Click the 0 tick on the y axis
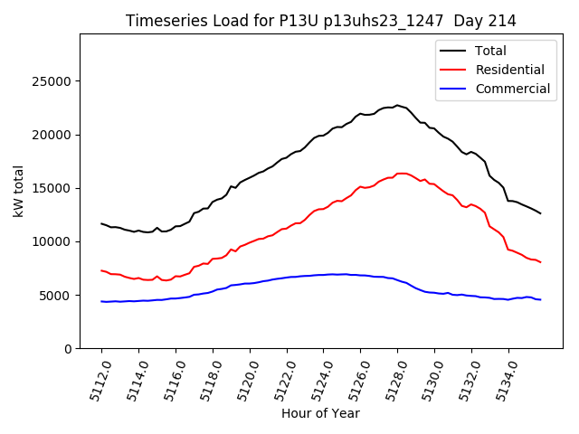pyautogui.click(x=69, y=348)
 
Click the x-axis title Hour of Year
pyautogui.click(x=320, y=413)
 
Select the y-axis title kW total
pyautogui.click(x=18, y=192)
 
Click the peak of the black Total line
pyautogui.click(x=396, y=105)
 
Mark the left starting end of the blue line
pyautogui.click(x=101, y=301)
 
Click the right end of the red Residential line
pyautogui.click(x=541, y=262)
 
